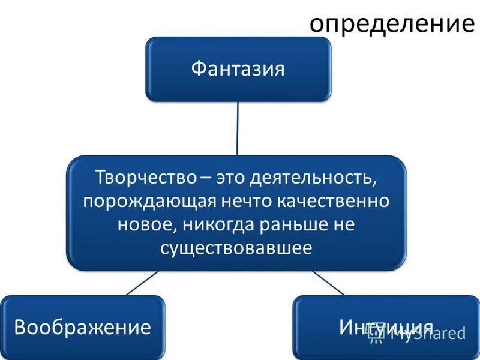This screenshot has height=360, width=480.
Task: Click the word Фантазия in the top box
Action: (x=238, y=68)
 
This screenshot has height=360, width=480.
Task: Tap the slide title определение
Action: (x=391, y=23)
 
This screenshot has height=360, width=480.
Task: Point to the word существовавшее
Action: (x=236, y=247)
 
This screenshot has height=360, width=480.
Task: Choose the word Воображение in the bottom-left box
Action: (x=82, y=327)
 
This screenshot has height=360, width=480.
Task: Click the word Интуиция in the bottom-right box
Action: (x=385, y=327)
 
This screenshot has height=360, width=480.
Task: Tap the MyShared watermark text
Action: (x=427, y=334)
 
